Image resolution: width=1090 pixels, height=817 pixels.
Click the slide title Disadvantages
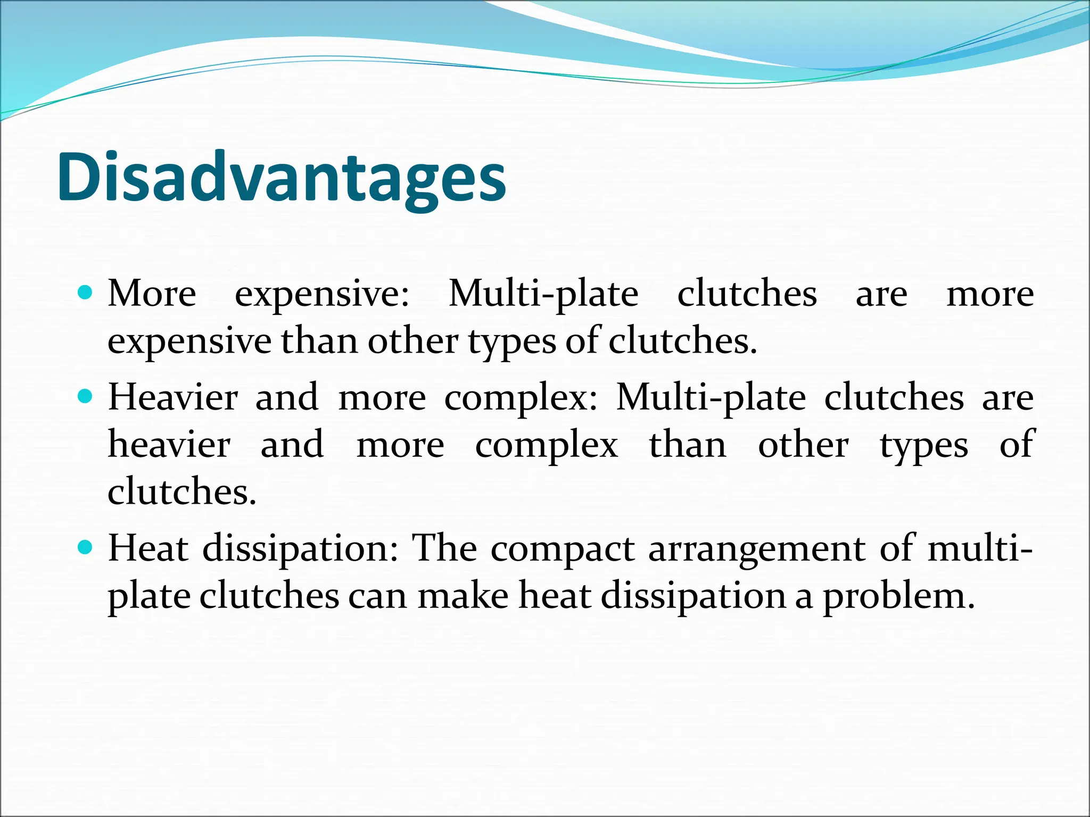282,178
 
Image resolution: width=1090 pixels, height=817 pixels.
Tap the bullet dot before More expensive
85,292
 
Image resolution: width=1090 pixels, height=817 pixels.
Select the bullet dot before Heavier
85,396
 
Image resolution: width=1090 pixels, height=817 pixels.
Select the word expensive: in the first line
322,294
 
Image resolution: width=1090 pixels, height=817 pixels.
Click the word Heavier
172,397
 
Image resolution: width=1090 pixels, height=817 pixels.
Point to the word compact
562,549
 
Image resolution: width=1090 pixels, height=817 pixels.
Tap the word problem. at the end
899,596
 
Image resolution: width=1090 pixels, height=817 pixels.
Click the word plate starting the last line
149,596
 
